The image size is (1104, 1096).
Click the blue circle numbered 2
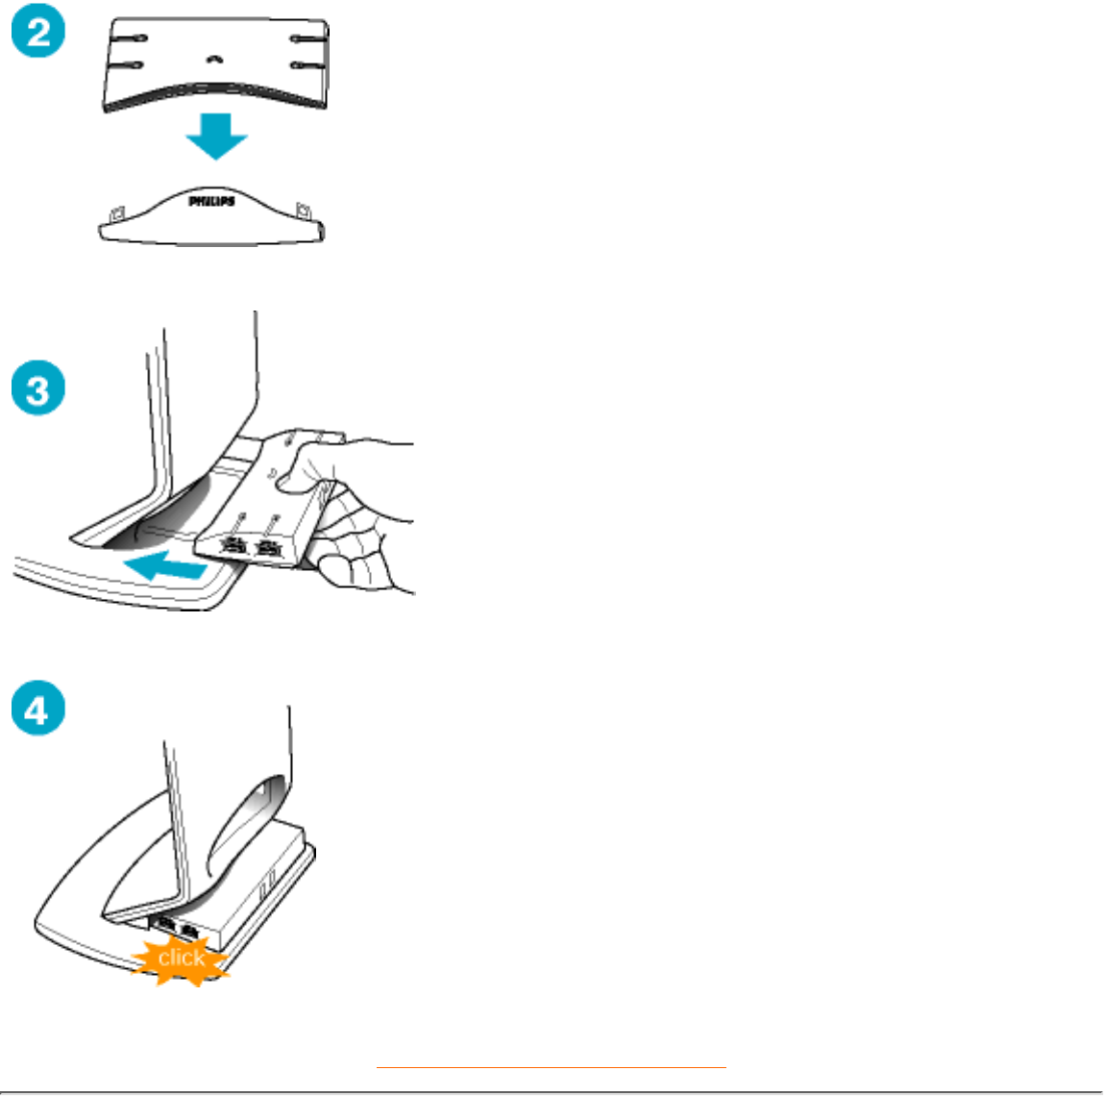[x=38, y=31]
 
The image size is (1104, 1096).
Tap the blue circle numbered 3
[x=38, y=387]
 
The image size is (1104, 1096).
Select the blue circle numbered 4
[x=38, y=708]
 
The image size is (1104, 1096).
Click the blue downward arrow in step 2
[x=216, y=136]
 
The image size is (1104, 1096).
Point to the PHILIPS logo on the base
[x=211, y=202]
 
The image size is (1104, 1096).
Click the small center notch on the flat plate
[x=214, y=60]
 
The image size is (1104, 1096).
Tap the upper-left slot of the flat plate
[x=130, y=38]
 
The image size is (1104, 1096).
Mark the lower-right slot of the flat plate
[x=307, y=65]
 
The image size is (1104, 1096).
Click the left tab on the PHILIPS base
[x=117, y=212]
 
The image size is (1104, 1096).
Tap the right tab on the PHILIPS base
[x=304, y=210]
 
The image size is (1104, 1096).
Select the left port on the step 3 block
[x=233, y=544]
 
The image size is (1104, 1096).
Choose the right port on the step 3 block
[x=268, y=547]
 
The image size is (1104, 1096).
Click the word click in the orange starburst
[x=182, y=958]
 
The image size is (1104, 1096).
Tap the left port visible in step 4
[x=166, y=923]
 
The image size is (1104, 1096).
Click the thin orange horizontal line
[x=552, y=1068]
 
